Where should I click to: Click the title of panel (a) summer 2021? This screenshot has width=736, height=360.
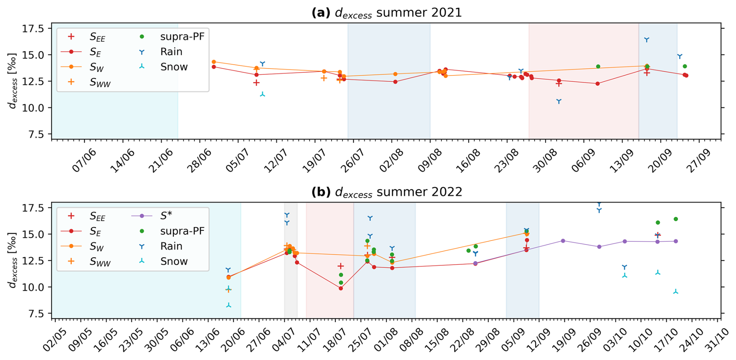pyautogui.click(x=386, y=13)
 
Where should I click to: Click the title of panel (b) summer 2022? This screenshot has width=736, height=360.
pyautogui.click(x=386, y=192)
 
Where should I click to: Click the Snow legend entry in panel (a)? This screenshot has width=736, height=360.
pyautogui.click(x=173, y=67)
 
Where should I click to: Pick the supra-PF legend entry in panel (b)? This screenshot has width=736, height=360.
pyautogui.click(x=182, y=231)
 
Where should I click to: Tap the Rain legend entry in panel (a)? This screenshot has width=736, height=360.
pyautogui.click(x=171, y=52)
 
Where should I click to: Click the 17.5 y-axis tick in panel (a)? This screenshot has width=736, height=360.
pyautogui.click(x=33, y=29)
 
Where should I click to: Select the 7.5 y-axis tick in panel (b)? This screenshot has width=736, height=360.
pyautogui.click(x=35, y=314)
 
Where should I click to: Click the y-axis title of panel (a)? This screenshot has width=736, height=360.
pyautogui.click(x=13, y=81)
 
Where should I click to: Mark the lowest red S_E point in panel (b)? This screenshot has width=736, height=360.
pyautogui.click(x=341, y=288)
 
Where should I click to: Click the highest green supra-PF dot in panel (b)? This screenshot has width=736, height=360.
pyautogui.click(x=676, y=219)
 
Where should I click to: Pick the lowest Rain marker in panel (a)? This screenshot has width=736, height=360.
pyautogui.click(x=559, y=101)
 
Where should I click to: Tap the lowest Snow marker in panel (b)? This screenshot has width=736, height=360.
pyautogui.click(x=228, y=306)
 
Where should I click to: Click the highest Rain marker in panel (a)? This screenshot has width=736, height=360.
pyautogui.click(x=647, y=40)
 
